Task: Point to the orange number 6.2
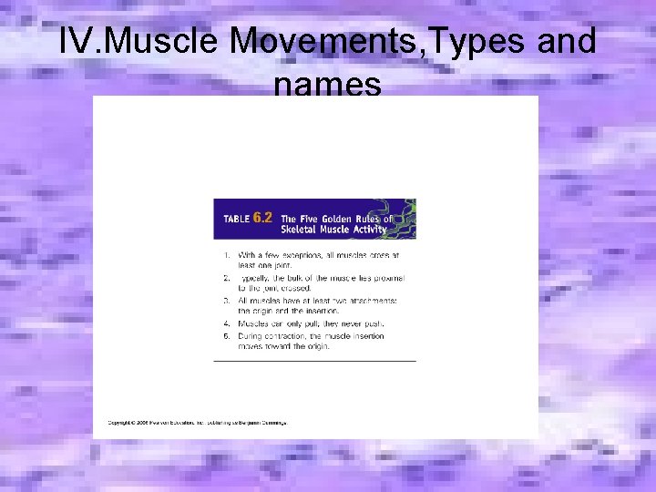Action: tap(262, 218)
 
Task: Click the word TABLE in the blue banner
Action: tap(236, 219)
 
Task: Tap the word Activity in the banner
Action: tap(368, 230)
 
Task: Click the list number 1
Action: tap(225, 255)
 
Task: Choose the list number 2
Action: tap(225, 277)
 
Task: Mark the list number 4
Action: tap(225, 323)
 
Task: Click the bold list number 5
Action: tap(225, 336)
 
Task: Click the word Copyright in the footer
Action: tap(121, 423)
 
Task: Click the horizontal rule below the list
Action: tap(314, 362)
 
